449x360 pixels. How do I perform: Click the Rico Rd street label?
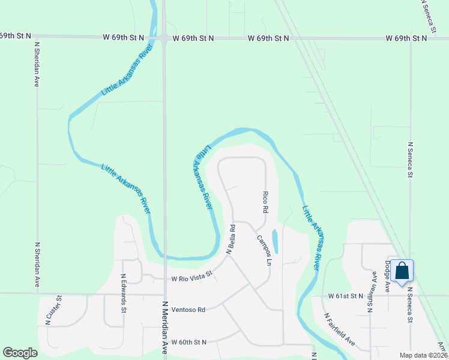coord(265,203)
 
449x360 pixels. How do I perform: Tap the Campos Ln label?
coord(265,251)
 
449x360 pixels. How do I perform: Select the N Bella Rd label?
coord(230,239)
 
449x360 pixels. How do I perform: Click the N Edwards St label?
coord(124,293)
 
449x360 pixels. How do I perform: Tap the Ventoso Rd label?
coord(188,310)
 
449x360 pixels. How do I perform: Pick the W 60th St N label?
coord(188,342)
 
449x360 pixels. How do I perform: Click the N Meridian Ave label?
coord(164,327)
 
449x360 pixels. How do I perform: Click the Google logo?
coord(20,353)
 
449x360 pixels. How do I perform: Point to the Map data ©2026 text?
coord(423,355)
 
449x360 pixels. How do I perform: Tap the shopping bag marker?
coord(402,271)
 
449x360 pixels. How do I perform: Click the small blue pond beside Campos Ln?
coord(275,241)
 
